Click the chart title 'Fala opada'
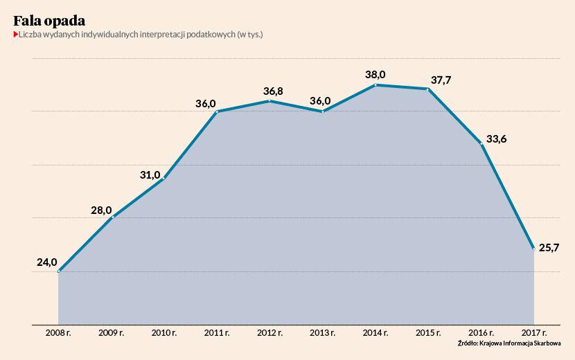49,20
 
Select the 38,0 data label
375,74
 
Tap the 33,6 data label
496,138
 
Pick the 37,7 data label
441,80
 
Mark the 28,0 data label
101,210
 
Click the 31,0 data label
150,175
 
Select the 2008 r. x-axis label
58,333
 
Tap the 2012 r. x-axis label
269,333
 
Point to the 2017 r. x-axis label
533,333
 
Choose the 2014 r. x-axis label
375,333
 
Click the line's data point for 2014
375,85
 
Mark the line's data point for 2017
533,248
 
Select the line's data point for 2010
164,179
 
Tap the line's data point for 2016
481,143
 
